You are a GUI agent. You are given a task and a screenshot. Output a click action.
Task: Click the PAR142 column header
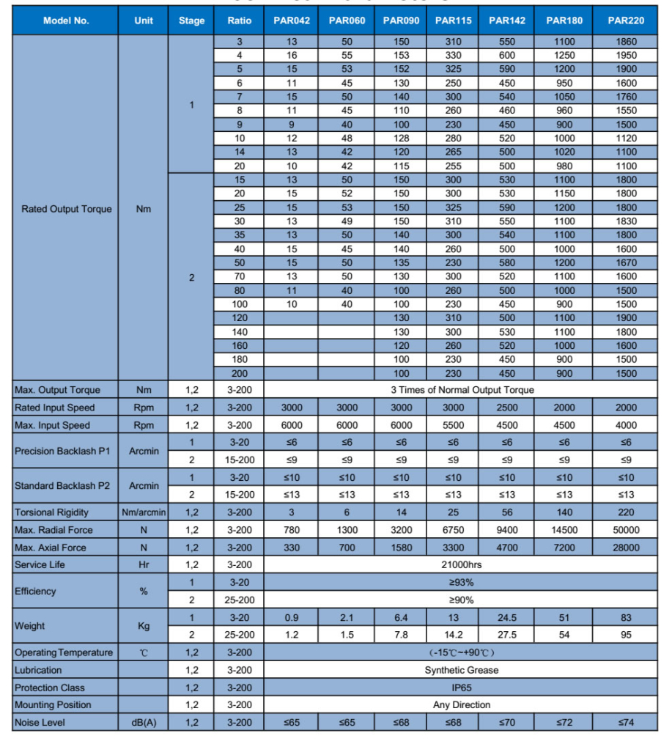click(506, 21)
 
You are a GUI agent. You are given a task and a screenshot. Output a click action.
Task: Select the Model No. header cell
click(66, 21)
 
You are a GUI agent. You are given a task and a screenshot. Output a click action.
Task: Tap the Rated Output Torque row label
click(67, 209)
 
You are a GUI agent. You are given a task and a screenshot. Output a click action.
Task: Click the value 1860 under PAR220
click(625, 42)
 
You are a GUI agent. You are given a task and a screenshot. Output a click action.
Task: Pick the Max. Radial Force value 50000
click(625, 530)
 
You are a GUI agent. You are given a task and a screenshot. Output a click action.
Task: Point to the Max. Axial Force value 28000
click(625, 548)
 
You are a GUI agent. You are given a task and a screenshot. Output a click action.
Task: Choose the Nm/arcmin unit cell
click(144, 512)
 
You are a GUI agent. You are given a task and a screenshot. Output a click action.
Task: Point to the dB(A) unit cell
click(144, 723)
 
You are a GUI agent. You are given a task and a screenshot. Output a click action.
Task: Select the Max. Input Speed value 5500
click(454, 425)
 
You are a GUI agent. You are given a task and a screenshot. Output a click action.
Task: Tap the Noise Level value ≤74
click(625, 723)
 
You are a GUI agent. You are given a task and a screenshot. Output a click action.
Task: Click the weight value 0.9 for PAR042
click(291, 618)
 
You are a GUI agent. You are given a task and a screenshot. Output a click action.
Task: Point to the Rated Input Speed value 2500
click(506, 408)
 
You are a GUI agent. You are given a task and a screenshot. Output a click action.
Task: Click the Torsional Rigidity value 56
click(506, 512)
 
